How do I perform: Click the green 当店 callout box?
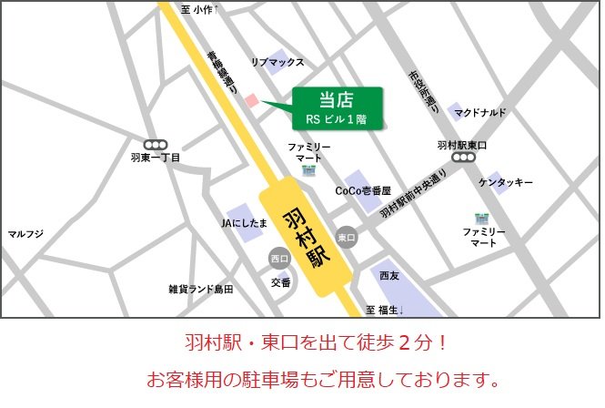[336, 108]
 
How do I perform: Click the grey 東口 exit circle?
[345, 237]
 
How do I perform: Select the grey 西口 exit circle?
[278, 260]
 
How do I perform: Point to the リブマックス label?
[277, 62]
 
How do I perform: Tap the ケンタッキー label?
[506, 183]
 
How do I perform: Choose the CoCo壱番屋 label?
[362, 191]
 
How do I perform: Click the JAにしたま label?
[245, 222]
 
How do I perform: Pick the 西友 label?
[389, 275]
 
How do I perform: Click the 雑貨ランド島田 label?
[200, 290]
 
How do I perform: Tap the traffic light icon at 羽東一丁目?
[156, 144]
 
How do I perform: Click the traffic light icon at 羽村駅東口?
[463, 158]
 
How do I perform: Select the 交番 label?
[281, 282]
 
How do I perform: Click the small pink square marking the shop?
[254, 101]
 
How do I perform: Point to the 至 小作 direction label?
[197, 9]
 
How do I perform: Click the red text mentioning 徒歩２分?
[310, 344]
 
